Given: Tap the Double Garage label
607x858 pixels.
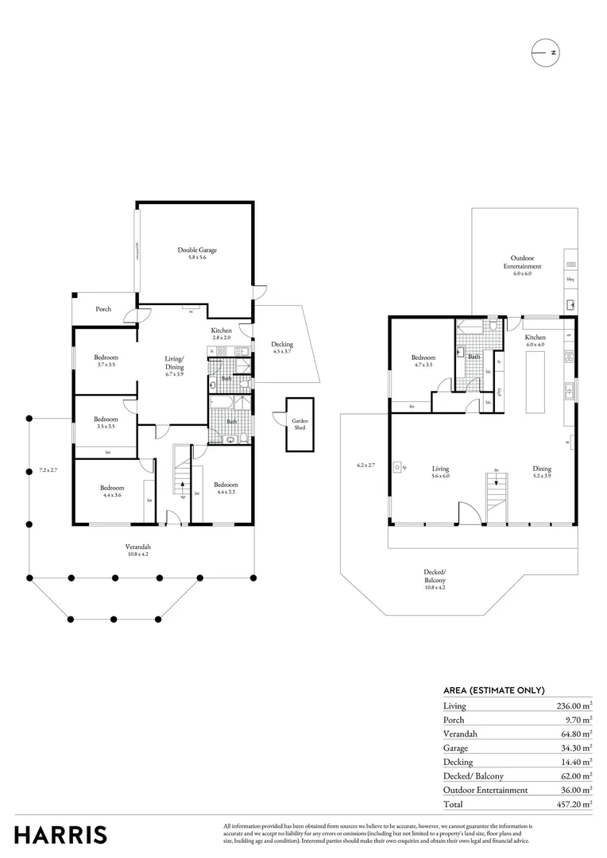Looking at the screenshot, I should [197, 253].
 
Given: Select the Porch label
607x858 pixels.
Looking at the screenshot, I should [103, 309].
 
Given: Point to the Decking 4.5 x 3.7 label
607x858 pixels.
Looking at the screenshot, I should [282, 347].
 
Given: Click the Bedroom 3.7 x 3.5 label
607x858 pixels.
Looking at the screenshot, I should [106, 360].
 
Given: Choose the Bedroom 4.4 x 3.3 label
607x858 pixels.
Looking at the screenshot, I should [226, 488].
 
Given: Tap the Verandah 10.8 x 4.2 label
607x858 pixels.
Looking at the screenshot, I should [137, 550].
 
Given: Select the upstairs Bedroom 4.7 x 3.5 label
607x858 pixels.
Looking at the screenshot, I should [423, 361].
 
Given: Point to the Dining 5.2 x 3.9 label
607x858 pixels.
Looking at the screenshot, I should [542, 472].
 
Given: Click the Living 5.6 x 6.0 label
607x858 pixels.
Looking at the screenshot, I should [440, 472].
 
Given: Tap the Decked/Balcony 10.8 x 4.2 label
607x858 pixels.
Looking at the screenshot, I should [435, 575].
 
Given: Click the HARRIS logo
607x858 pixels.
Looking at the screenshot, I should [61, 834].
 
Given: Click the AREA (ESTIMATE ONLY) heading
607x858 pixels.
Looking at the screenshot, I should [493, 690].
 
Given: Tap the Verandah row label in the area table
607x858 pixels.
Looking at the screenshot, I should [460, 733].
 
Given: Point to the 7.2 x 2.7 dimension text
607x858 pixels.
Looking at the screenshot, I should [49, 470].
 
